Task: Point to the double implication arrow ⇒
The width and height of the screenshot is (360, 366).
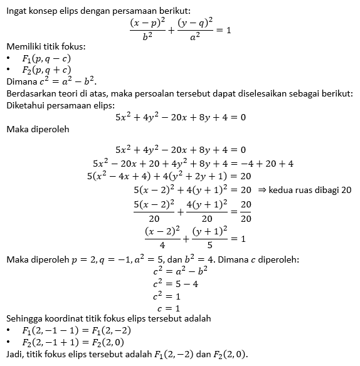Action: tap(262, 189)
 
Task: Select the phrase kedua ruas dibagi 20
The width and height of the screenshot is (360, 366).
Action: tap(310, 189)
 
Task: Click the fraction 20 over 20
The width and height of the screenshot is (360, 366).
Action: tap(246, 212)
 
